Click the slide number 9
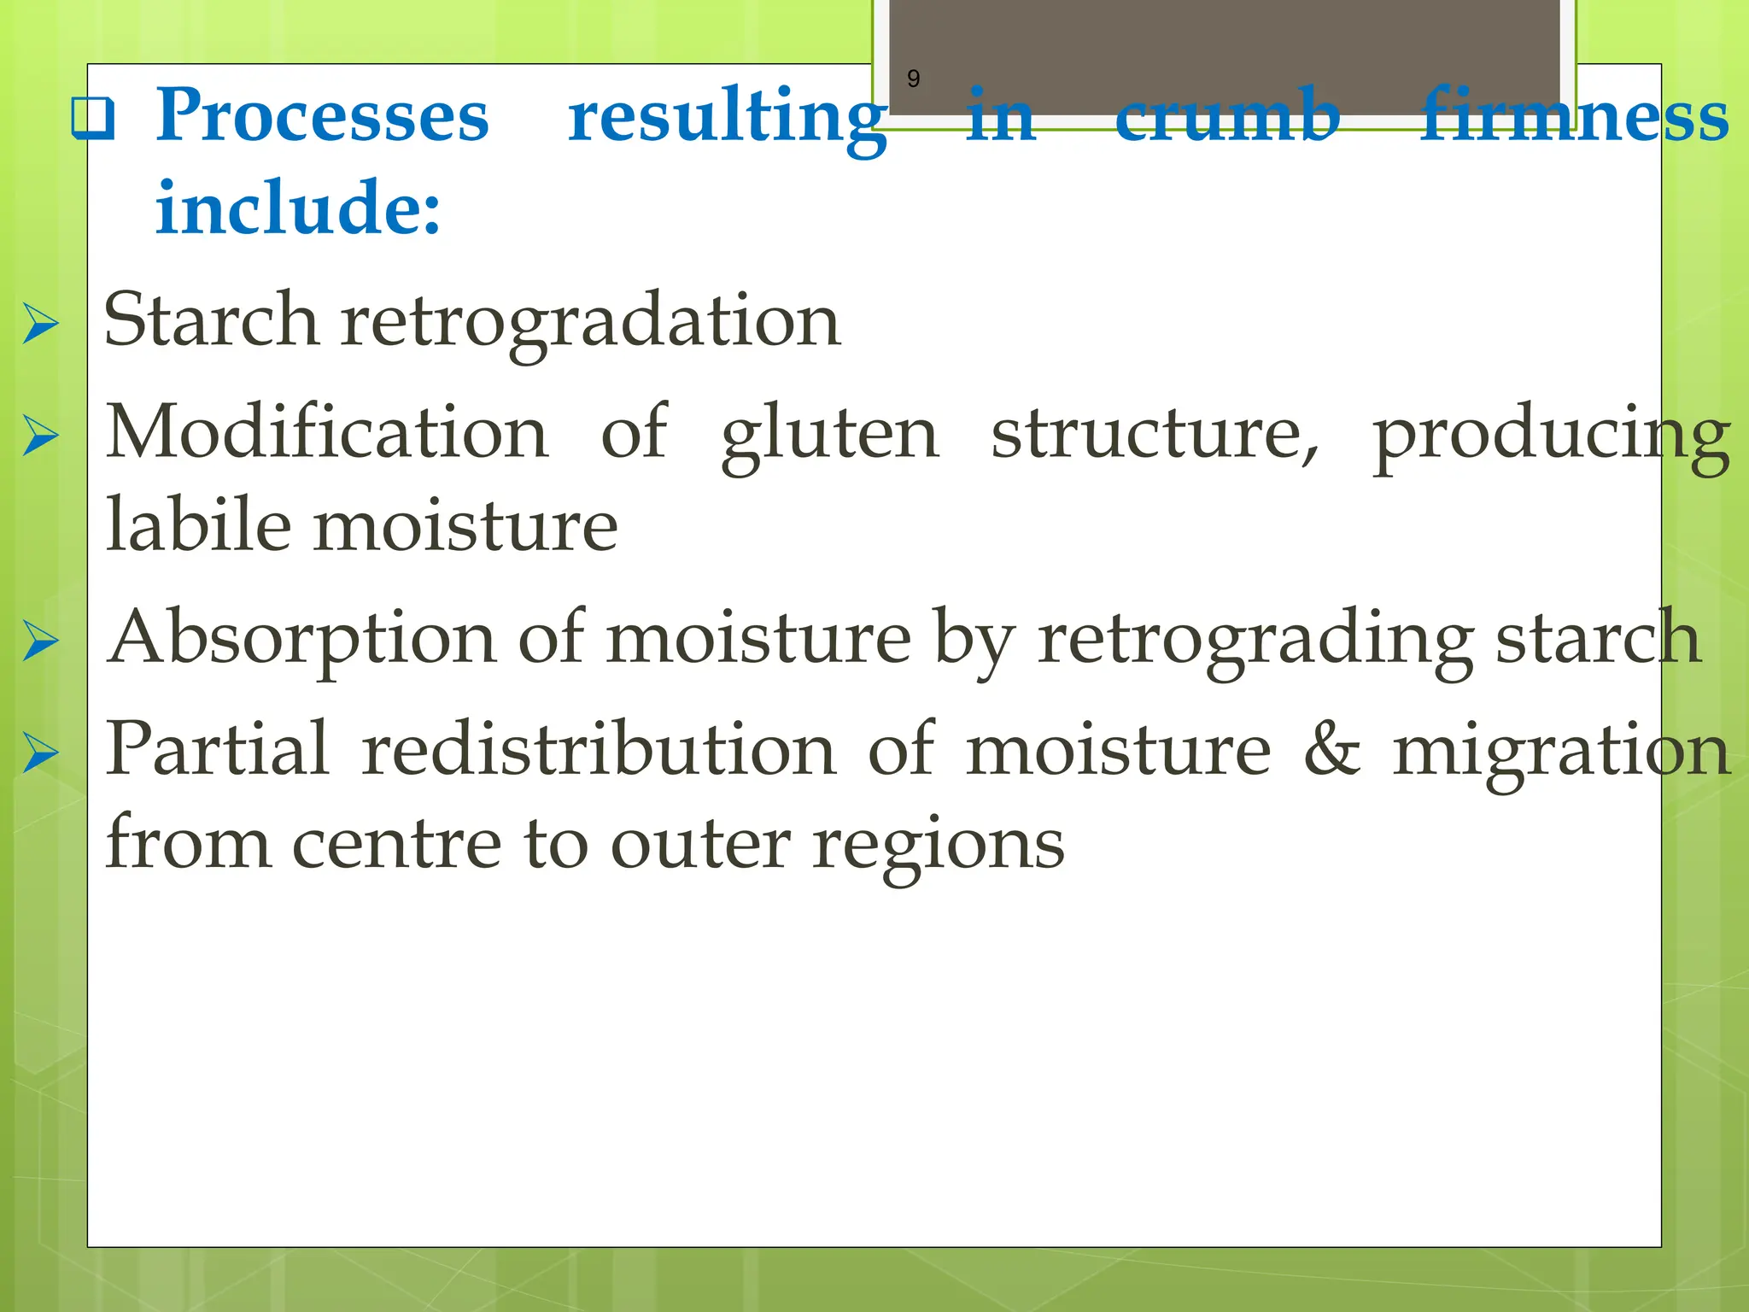click(x=913, y=79)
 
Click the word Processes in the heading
click(x=322, y=117)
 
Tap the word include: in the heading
click(x=298, y=208)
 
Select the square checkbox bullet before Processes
click(x=94, y=119)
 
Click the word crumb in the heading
click(x=1227, y=117)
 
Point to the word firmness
click(x=1574, y=117)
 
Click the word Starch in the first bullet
click(x=211, y=321)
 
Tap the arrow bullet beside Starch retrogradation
click(x=40, y=324)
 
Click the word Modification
click(x=326, y=434)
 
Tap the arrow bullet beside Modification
click(x=40, y=436)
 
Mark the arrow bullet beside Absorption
click(x=40, y=641)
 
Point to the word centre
click(x=397, y=844)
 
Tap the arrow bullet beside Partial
click(x=40, y=753)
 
